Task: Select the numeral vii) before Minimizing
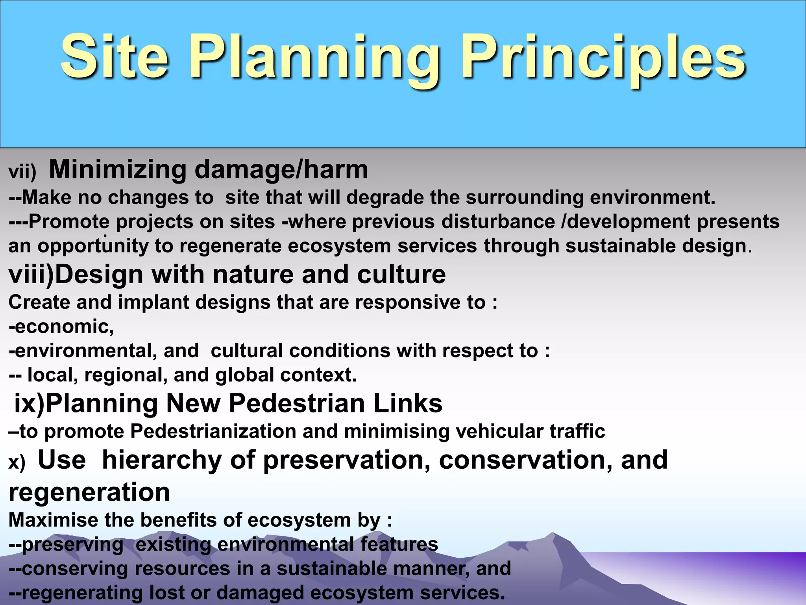22,172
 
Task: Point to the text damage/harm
281,170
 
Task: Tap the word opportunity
93,246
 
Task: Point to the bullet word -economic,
61,327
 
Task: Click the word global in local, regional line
244,375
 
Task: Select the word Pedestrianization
213,431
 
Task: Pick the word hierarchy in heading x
162,460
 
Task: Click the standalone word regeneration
89,492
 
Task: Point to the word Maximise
53,520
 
